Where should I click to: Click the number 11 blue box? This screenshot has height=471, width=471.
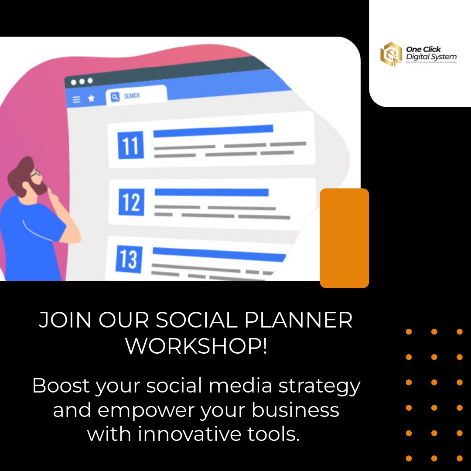130,147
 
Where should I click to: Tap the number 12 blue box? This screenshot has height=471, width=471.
131,202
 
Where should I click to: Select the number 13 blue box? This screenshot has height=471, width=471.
129,259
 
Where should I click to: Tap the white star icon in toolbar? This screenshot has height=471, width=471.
91,99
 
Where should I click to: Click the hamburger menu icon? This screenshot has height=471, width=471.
76,100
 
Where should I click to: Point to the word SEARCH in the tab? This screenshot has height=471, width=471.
132,96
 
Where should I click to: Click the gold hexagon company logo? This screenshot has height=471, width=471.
391,55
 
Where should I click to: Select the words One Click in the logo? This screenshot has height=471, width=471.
423,50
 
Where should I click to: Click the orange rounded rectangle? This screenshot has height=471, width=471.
345,238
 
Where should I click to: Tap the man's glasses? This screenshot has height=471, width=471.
35,174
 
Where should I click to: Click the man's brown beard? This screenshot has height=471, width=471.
39,188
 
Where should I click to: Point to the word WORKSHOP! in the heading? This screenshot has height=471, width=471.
196,346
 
